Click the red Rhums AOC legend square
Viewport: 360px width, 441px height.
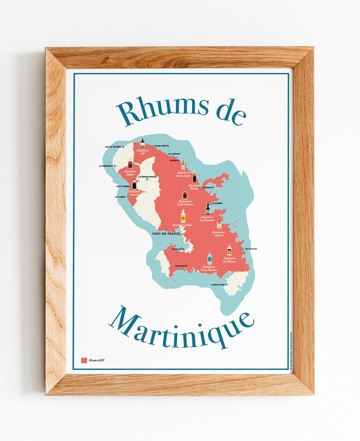(84, 360)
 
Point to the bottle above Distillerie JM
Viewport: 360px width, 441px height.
(142, 142)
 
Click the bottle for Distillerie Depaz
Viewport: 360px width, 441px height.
(130, 163)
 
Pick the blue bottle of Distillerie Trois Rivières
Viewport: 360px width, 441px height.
(209, 258)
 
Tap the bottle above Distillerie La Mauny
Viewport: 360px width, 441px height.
(229, 250)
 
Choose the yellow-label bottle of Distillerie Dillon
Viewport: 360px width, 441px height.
(183, 216)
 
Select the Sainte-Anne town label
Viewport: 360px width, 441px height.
(218, 285)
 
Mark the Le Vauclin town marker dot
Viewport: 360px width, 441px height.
(242, 249)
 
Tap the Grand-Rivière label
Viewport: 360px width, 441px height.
(113, 147)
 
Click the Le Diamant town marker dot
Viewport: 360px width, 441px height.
(181, 269)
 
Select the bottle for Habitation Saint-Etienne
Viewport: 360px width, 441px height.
(185, 194)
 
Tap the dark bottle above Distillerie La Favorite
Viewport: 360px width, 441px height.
(208, 209)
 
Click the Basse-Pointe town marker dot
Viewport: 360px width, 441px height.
(153, 146)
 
